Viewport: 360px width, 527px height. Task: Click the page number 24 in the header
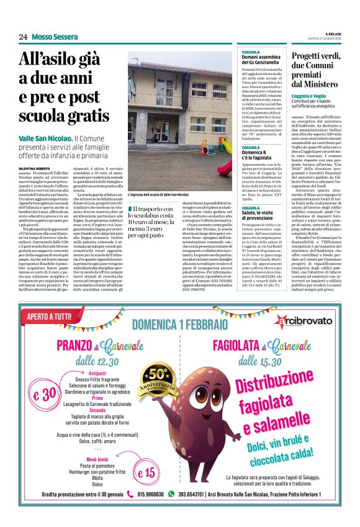[23, 37]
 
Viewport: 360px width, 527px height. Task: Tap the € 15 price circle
[148, 472]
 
